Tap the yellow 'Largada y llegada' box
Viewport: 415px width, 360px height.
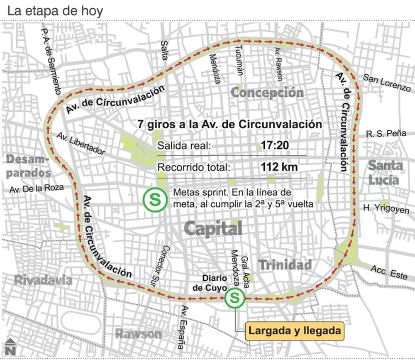tap(295, 331)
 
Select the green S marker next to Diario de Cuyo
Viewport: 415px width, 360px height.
tap(234, 297)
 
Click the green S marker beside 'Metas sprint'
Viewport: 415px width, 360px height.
tap(153, 201)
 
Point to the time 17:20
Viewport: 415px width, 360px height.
tap(274, 146)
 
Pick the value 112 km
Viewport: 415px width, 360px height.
tap(279, 168)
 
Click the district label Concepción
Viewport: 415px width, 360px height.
tap(267, 92)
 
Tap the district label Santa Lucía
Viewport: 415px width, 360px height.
tap(385, 173)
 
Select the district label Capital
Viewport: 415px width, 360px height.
tap(213, 228)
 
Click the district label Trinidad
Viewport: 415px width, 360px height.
tap(285, 264)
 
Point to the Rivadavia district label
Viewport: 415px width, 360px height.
tap(43, 280)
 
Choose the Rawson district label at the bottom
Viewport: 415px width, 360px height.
tap(138, 333)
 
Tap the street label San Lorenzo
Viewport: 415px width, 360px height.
tap(387, 83)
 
